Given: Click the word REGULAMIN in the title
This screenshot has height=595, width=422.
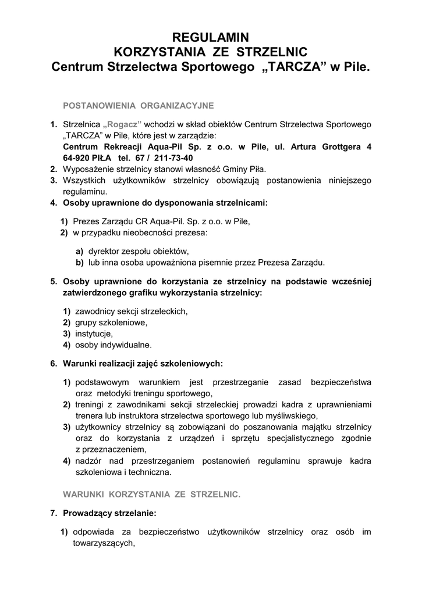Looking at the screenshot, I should click(x=211, y=38).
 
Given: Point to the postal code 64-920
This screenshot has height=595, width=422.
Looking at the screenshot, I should click(x=79, y=158).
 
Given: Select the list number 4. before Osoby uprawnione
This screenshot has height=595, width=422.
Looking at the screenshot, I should click(x=53, y=203).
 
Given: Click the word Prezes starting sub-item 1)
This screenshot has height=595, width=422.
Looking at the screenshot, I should click(x=86, y=221).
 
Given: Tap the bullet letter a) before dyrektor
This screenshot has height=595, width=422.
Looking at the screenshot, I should click(x=79, y=251).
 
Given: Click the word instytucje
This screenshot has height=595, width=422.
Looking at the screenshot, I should click(x=94, y=334).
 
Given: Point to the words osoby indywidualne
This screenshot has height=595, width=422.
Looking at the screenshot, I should click(x=114, y=345).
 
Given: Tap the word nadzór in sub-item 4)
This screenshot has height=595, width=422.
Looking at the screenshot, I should click(x=88, y=461).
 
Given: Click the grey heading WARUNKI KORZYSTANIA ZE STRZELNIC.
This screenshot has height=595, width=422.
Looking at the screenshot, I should click(x=151, y=494).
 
